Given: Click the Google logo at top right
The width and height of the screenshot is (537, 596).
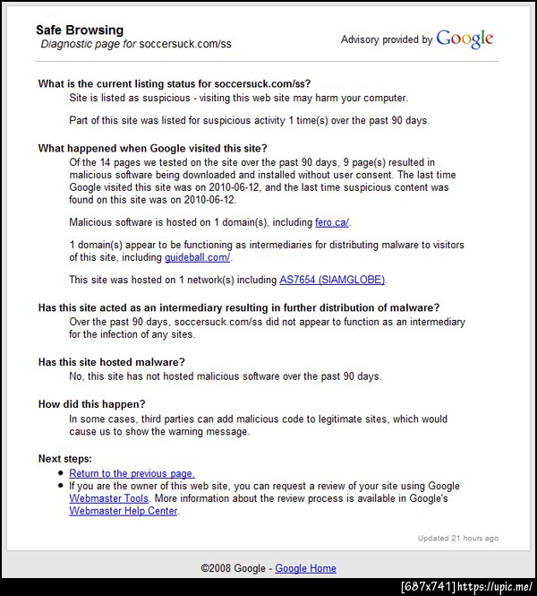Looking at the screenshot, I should tap(465, 39).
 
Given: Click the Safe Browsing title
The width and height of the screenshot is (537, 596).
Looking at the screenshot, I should tap(80, 30).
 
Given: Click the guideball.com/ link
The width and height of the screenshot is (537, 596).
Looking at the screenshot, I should tap(197, 257).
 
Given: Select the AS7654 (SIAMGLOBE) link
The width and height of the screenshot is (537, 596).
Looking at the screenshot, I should tap(332, 280).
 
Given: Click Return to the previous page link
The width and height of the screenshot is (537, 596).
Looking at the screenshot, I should tap(132, 473).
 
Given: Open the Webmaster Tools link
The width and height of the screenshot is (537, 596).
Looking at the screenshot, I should tap(108, 498).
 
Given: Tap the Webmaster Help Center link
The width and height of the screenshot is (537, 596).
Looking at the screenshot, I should tap(124, 511).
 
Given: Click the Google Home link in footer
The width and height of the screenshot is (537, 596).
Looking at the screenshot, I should tap(305, 568).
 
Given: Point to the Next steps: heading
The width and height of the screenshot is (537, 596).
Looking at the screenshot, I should tap(65, 459).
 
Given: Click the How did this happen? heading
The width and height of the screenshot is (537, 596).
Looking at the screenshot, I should tap(92, 404).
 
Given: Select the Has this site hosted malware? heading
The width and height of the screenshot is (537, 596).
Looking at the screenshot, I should tap(112, 362).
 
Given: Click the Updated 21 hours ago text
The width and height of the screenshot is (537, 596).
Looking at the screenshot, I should tap(457, 539).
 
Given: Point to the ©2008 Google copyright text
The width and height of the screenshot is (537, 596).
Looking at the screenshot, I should tap(234, 568).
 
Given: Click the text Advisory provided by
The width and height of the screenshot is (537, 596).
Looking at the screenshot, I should tap(387, 39).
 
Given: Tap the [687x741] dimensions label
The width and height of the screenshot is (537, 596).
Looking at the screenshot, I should tap(428, 587).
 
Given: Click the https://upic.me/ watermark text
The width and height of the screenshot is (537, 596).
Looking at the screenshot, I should tap(495, 587).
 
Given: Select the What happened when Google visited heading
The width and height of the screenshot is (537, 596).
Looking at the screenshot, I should tap(153, 149).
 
